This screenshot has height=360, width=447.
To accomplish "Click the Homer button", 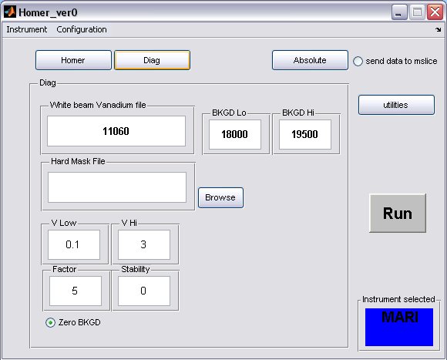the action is tap(73, 60).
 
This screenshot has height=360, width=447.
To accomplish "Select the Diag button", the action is tap(152, 60).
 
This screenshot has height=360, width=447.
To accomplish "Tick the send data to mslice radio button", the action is tap(358, 61).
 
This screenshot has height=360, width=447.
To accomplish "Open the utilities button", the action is tap(396, 105).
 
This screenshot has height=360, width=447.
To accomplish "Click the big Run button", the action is tap(398, 214).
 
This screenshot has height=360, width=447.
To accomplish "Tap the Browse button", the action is tap(220, 197).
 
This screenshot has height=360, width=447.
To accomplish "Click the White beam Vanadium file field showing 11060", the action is tap(116, 131).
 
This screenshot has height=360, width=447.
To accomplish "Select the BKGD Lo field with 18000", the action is tap(235, 134).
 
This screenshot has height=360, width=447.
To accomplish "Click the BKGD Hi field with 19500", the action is tap(305, 134).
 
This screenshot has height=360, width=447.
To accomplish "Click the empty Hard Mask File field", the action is tap(117, 187).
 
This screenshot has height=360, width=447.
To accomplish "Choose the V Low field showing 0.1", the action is tap(74, 244).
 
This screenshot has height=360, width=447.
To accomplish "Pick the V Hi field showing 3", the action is tap(144, 244).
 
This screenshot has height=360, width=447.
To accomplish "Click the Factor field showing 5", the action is tap(76, 291).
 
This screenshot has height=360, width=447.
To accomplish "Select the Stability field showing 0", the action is tap(144, 291).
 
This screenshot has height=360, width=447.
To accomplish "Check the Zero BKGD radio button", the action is tap(50, 323).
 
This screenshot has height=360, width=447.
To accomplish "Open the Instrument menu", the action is tap(27, 29).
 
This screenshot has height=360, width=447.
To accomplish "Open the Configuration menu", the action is tap(82, 29).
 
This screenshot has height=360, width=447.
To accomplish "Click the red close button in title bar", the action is tap(435, 12).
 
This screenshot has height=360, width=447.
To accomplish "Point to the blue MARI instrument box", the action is tap(399, 327).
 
